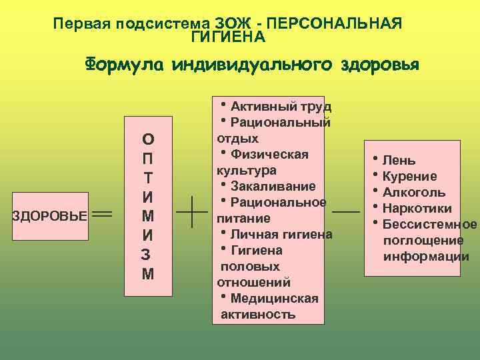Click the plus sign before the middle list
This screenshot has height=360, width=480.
(191, 213)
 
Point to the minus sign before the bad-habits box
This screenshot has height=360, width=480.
(345, 211)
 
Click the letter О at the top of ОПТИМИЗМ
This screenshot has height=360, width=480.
(148, 139)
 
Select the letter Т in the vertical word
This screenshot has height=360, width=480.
(148, 179)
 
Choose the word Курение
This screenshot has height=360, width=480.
(410, 176)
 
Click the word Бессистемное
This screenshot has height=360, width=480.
(430, 224)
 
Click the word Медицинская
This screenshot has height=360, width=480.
(274, 298)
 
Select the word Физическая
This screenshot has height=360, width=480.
(269, 154)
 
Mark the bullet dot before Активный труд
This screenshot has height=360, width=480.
(221, 104)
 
